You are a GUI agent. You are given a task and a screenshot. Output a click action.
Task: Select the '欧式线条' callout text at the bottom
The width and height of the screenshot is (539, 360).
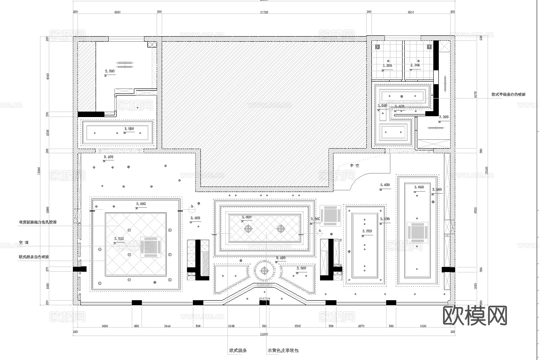[238, 350]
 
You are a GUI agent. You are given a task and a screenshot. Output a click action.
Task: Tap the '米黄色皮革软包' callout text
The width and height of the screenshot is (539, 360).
[283, 350]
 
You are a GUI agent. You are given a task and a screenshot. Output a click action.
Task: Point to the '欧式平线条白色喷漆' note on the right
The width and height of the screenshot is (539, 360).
[508, 95]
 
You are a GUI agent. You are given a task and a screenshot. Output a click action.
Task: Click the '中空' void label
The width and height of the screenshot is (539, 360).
[354, 165]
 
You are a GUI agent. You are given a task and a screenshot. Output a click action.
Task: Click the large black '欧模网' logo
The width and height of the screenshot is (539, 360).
[475, 315]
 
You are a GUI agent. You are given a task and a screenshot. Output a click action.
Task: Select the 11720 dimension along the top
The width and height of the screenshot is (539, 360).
[264, 12]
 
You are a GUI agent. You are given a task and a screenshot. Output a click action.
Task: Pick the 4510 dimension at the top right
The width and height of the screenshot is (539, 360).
[411, 12]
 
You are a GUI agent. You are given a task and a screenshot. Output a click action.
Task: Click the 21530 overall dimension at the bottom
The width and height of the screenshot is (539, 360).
[264, 333]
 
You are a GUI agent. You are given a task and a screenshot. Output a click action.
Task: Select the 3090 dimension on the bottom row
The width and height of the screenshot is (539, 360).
[106, 326]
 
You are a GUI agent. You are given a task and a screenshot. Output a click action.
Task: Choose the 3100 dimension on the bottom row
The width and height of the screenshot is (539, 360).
[423, 326]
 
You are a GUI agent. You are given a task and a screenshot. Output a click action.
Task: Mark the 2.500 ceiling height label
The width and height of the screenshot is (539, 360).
[301, 268]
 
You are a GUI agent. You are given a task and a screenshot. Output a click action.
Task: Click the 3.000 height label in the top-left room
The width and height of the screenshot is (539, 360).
[109, 72]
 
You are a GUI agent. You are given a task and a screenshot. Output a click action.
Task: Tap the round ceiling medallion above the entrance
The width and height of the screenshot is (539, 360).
[264, 271]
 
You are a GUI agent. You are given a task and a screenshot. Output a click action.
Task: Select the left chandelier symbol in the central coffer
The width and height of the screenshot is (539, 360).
[248, 229]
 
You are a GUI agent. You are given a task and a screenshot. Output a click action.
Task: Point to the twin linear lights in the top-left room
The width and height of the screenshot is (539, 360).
[125, 64]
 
